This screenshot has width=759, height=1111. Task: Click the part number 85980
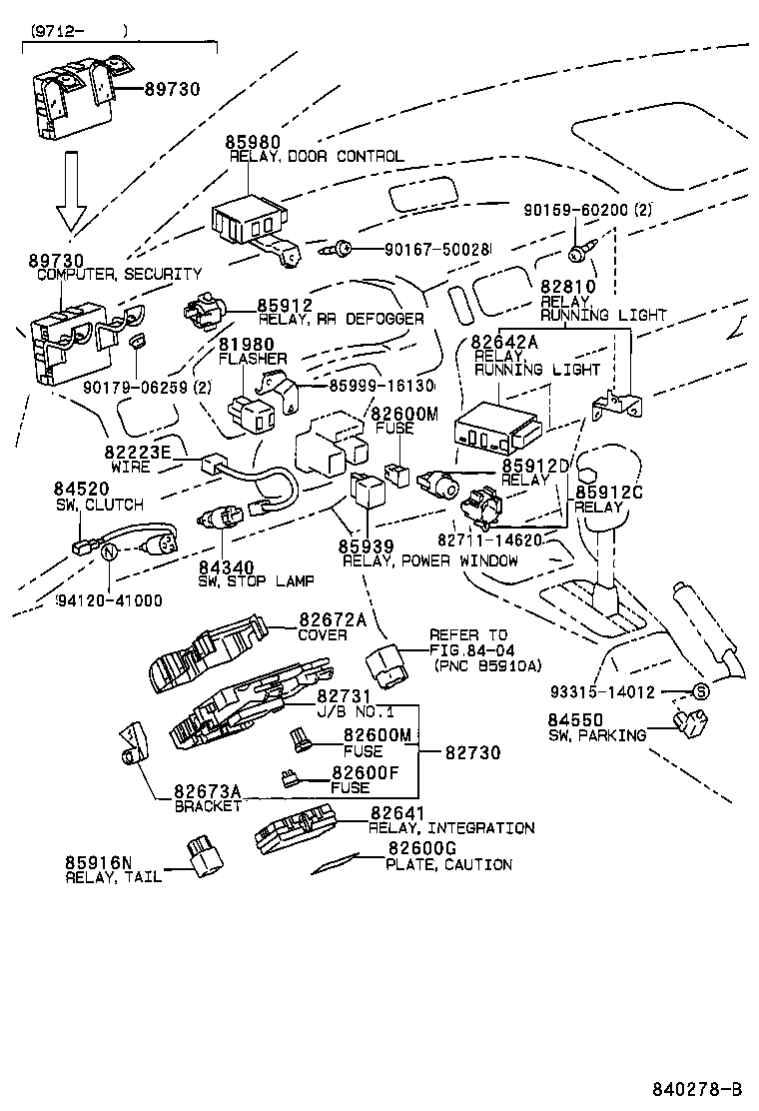coord(253,143)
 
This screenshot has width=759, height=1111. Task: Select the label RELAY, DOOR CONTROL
coord(317,157)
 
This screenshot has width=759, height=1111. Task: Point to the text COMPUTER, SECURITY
coord(119,274)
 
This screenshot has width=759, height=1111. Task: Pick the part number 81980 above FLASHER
coord(246,345)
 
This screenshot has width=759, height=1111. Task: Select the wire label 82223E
coord(138,453)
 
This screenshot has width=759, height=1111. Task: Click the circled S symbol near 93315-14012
coord(700,691)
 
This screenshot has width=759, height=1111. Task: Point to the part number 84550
coord(574,720)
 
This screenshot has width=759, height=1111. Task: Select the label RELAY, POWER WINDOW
coord(429,560)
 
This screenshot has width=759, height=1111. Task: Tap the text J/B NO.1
coord(343,711)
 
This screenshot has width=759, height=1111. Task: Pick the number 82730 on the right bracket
coord(472,752)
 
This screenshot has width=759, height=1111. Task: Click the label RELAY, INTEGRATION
coord(451,828)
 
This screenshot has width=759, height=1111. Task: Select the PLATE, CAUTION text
coord(448,864)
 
